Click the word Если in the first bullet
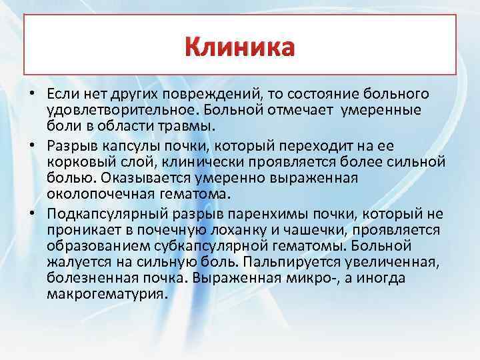(x=61, y=93)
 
